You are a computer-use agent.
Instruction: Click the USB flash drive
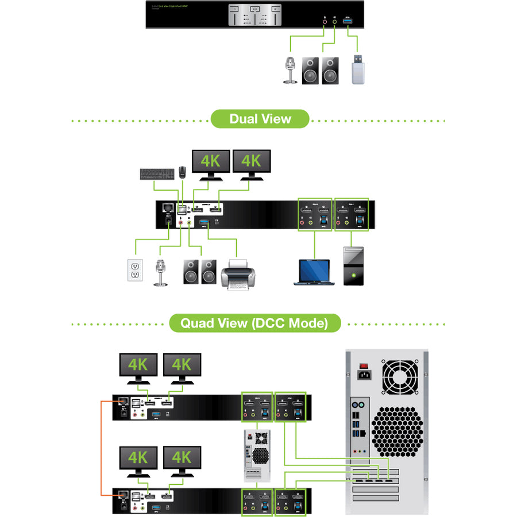(x=358, y=70)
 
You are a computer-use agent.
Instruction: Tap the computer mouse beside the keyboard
(x=183, y=171)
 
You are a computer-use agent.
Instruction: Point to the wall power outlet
(x=134, y=270)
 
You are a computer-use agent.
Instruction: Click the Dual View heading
(x=260, y=119)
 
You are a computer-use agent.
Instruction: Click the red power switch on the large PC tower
(x=363, y=365)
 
